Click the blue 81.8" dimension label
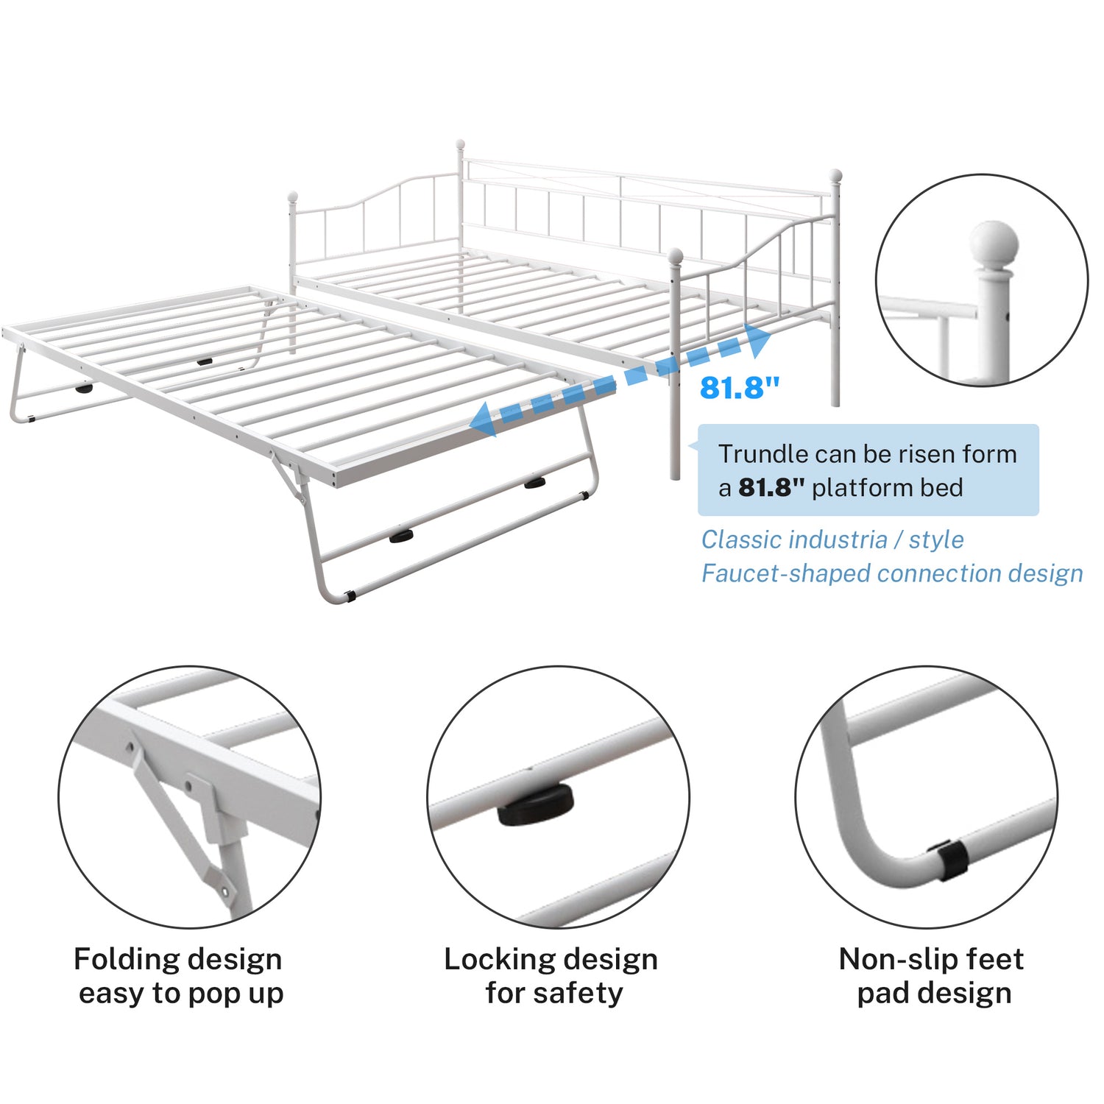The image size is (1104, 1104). coord(739,387)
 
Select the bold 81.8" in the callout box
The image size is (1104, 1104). coord(771,487)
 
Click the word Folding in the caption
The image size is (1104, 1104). coord(123,960)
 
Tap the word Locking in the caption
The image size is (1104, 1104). coord(494,960)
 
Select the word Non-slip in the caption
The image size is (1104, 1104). coord(888,959)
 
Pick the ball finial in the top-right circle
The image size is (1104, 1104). coord(994,244)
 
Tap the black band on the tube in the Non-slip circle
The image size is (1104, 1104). coord(950,860)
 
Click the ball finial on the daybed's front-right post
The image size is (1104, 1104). coord(675,256)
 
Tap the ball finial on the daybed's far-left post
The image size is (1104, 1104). coord(292,197)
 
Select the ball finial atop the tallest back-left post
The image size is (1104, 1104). coord(461,144)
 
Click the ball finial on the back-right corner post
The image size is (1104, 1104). coord(835,175)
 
